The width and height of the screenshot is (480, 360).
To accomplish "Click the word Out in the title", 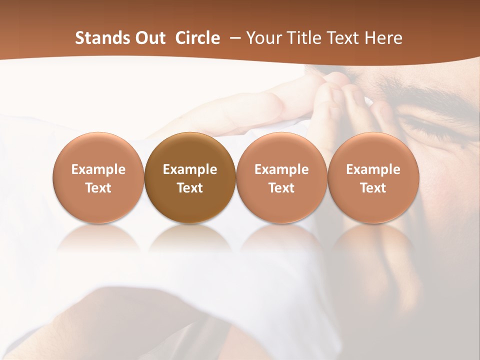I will coord(150,38).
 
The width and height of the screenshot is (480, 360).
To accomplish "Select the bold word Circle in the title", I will coord(197,38).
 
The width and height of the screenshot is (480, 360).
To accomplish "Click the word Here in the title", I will coord(383,38).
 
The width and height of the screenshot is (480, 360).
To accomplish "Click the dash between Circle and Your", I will coord(233,38).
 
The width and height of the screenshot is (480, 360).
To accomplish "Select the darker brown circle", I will coord(190,177).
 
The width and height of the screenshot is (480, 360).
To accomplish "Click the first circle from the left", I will coord(98,177).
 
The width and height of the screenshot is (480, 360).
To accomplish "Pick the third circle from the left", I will coord(281,177).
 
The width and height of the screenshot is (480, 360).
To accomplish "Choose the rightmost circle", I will coord(373,177).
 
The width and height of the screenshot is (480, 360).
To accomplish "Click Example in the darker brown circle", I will coord(190,169).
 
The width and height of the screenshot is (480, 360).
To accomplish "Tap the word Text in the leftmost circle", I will coord(98,188).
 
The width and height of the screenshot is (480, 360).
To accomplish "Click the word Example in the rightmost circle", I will coord(373,169).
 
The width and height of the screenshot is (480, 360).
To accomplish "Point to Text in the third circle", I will coord(281,188).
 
